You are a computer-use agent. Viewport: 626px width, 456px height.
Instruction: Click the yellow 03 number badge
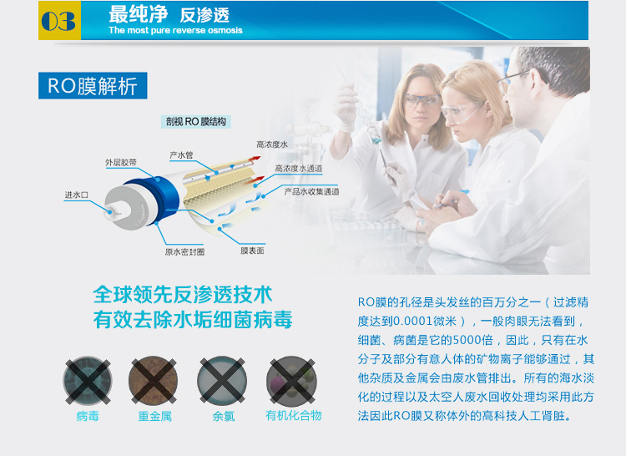[x=59, y=20]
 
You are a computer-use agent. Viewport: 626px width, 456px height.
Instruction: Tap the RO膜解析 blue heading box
[x=93, y=85]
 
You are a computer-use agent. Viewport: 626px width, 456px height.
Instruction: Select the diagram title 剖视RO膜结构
[x=195, y=122]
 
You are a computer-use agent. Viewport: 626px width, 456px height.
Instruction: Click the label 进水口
[x=76, y=195]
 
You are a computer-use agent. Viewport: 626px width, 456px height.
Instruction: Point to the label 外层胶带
[x=121, y=163]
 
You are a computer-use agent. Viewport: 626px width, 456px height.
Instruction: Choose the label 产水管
[x=181, y=155]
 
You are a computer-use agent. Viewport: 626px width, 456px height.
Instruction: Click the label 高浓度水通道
[x=298, y=169]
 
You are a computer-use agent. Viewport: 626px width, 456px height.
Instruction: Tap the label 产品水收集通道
[x=311, y=191]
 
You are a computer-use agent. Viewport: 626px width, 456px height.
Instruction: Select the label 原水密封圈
[x=184, y=252]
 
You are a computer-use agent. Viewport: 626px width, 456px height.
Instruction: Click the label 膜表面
[x=252, y=251]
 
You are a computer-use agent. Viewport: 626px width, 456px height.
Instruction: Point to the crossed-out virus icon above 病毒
[x=88, y=381]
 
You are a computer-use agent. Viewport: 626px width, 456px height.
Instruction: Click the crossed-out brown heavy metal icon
[x=154, y=381]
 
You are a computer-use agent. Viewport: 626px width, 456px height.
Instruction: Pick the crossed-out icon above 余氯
[x=222, y=381]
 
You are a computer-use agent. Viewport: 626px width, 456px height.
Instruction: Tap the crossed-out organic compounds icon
[x=292, y=381]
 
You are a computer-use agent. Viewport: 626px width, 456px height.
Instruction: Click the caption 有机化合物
[x=294, y=416]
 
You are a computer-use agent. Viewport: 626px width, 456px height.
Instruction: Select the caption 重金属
[x=155, y=417]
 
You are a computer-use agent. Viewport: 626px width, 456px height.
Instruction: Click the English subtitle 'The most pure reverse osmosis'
[x=175, y=30]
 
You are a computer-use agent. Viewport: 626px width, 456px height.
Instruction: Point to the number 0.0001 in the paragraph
[x=413, y=321]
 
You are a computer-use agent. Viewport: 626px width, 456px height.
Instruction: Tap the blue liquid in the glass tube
[x=376, y=139]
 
